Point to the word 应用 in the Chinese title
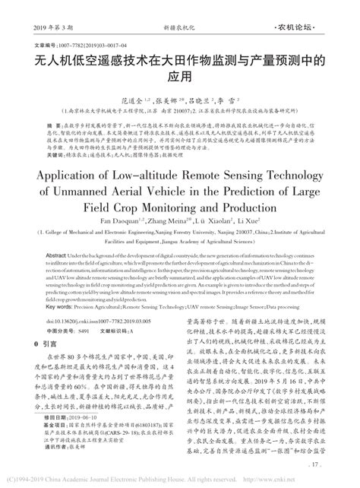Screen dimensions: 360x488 tap(179, 77)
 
